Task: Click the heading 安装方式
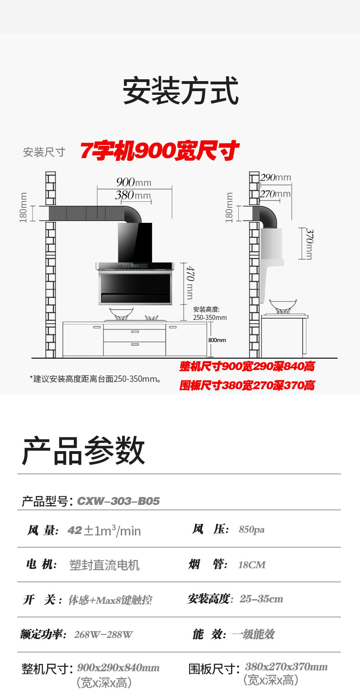coord(180,92)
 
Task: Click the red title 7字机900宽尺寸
coord(159,151)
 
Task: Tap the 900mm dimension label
coord(134,182)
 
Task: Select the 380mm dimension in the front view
coord(133,195)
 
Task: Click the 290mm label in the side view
coord(275,177)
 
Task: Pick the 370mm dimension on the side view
coord(309,244)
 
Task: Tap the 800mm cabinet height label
coord(217,340)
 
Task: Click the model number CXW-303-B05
coord(118,501)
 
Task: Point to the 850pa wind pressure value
coord(252,529)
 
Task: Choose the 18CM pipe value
coord(252,565)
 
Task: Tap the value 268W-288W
coord(103,634)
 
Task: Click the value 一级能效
coord(253,634)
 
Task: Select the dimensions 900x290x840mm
coord(118,668)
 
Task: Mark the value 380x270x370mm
coord(286,667)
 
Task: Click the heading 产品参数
coord(83,451)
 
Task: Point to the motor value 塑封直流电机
coord(104,565)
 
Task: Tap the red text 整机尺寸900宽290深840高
coord(247,366)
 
